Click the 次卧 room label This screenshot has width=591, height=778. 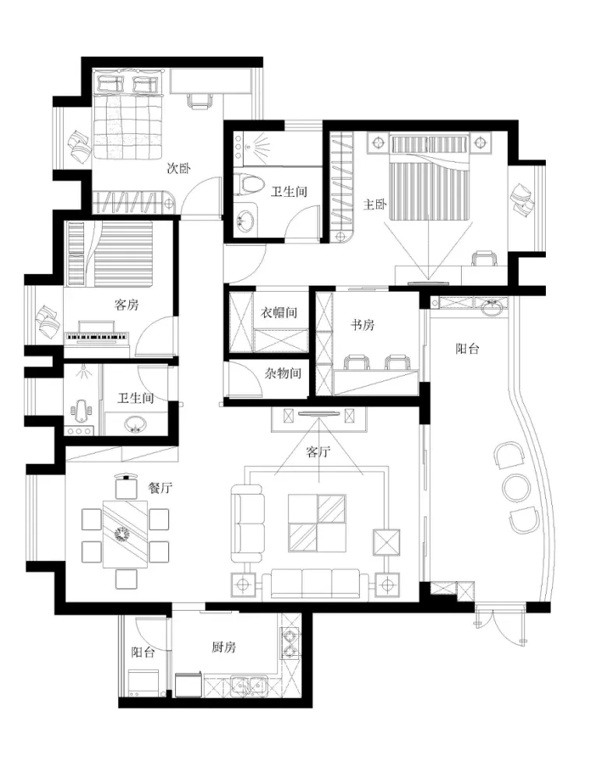click(178, 169)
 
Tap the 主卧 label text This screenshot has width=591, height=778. click(375, 204)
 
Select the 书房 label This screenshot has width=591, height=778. click(363, 325)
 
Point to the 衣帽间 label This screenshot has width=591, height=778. click(279, 312)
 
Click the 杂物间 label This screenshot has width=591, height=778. click(283, 373)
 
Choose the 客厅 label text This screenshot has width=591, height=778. click(318, 451)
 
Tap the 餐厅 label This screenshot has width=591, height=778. click(160, 488)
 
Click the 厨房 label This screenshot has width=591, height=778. click(223, 647)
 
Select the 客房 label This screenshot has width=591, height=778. click(127, 305)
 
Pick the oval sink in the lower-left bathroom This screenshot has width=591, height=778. click(135, 425)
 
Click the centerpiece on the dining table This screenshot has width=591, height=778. click(121, 534)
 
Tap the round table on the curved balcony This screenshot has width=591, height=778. click(517, 487)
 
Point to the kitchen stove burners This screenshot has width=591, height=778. click(289, 643)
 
